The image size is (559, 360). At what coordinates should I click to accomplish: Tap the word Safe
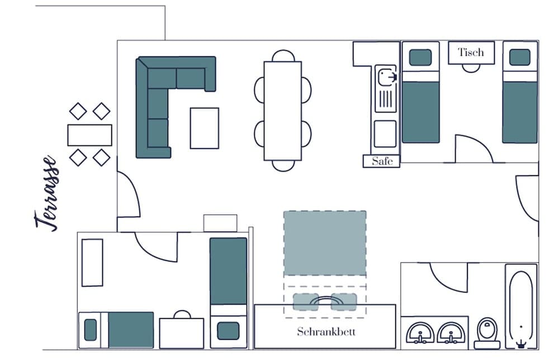click(x=382, y=161)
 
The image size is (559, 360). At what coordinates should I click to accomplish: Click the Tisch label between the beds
click(x=471, y=53)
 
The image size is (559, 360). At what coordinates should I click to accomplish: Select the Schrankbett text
click(x=325, y=331)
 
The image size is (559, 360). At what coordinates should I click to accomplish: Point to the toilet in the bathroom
click(x=487, y=333)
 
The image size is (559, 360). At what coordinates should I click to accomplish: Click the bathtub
click(x=521, y=306)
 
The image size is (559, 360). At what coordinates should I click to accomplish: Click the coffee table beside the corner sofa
click(x=204, y=128)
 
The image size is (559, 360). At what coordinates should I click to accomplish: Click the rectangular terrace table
click(x=89, y=135)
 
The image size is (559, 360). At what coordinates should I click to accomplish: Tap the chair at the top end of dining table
click(x=283, y=56)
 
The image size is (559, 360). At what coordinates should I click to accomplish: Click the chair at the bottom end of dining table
click(x=283, y=165)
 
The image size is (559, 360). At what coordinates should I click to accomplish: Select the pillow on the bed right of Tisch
click(x=519, y=57)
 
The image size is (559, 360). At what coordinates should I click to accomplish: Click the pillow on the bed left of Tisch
click(x=420, y=57)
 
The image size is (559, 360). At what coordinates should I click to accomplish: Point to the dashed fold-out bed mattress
click(x=324, y=243)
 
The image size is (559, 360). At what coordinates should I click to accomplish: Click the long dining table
click(x=283, y=110)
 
